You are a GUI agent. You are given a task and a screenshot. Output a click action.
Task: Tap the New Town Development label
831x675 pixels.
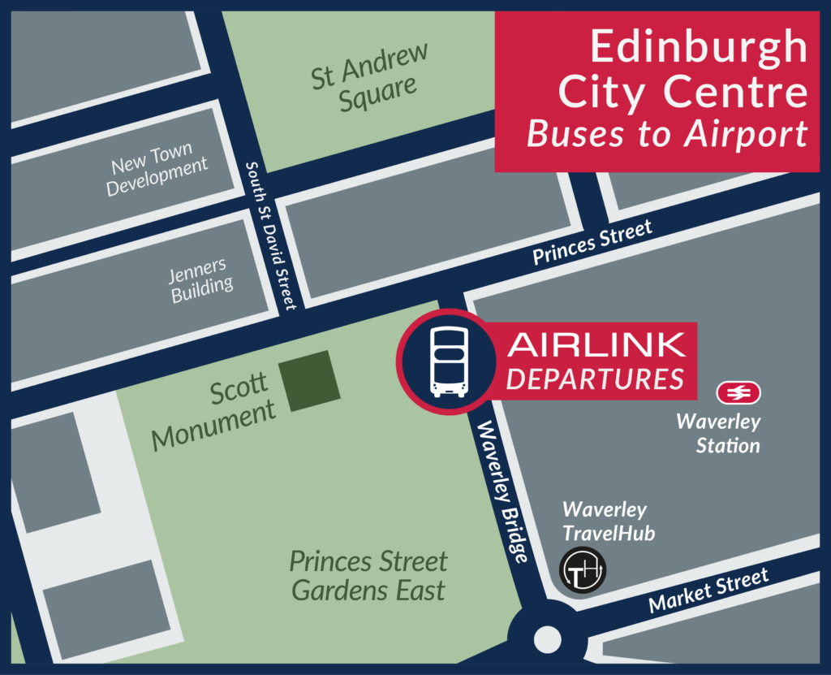158,168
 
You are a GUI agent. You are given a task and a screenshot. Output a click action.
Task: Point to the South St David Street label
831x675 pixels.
271,234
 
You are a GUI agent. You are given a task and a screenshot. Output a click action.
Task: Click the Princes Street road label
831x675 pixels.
592,243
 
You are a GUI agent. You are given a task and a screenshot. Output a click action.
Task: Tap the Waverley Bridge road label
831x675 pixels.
502,492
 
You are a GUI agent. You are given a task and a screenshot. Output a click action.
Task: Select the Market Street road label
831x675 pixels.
708,591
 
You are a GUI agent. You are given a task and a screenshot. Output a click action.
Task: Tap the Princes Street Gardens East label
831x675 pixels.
368,576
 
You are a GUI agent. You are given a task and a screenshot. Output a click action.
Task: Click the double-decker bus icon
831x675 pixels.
449,361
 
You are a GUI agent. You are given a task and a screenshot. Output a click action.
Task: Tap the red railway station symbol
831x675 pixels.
738,393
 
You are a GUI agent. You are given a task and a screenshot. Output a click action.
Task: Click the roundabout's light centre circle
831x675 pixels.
547,639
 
